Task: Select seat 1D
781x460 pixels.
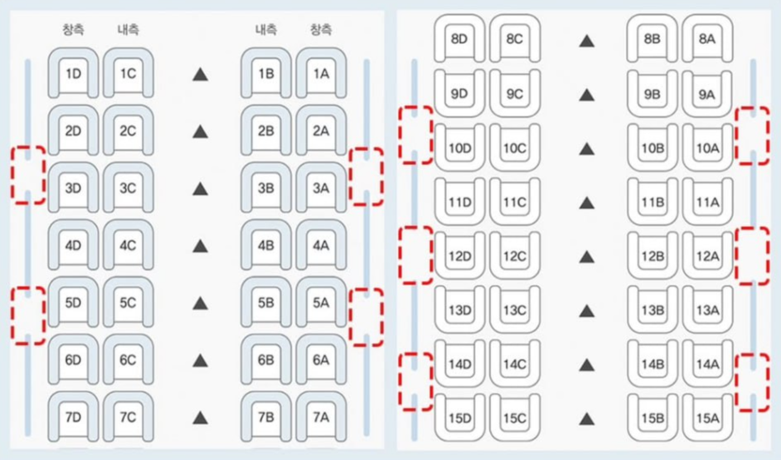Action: click(73, 74)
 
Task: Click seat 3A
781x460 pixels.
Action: click(321, 188)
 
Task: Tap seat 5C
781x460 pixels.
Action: click(127, 303)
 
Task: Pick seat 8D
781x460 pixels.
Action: click(458, 39)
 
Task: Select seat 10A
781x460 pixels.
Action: click(707, 148)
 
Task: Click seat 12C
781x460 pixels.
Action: click(514, 256)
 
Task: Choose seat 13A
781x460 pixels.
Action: click(707, 310)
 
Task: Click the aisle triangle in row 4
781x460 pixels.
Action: click(200, 246)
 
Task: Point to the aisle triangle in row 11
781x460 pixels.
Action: click(587, 202)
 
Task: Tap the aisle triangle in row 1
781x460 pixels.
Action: click(200, 75)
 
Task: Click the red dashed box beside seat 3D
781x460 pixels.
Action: click(27, 174)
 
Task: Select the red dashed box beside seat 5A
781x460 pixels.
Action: click(366, 315)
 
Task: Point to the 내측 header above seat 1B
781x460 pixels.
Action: click(265, 30)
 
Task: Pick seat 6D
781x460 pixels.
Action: click(73, 360)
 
